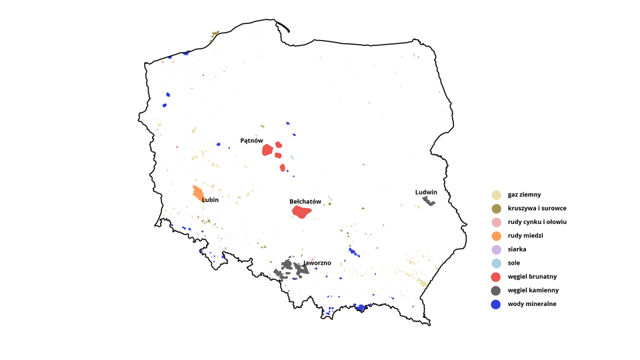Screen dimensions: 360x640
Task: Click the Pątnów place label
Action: point(252,141)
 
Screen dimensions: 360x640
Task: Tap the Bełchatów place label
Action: point(305,201)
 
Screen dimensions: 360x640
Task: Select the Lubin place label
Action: point(211,199)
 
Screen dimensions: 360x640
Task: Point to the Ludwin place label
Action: point(426,192)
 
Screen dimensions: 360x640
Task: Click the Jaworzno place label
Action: point(317,263)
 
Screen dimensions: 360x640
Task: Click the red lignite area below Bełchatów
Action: point(301,212)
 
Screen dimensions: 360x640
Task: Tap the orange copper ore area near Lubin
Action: point(198,193)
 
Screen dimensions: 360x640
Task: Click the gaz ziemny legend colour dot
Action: point(496,195)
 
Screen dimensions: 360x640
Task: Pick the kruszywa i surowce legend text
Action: point(537,208)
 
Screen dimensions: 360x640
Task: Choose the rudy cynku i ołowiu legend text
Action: point(537,222)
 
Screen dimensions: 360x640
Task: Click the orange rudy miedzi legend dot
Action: point(496,236)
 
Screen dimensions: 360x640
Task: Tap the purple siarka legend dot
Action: point(496,249)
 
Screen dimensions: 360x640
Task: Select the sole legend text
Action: point(514,263)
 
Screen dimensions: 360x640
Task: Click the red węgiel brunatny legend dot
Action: point(496,277)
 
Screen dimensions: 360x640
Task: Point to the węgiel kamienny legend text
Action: point(533,290)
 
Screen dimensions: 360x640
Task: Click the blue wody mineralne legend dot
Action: point(496,304)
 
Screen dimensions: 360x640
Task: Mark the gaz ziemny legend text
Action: point(524,195)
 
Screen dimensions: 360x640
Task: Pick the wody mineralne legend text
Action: point(531,304)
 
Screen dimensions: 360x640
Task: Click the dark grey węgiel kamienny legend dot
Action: point(496,290)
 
